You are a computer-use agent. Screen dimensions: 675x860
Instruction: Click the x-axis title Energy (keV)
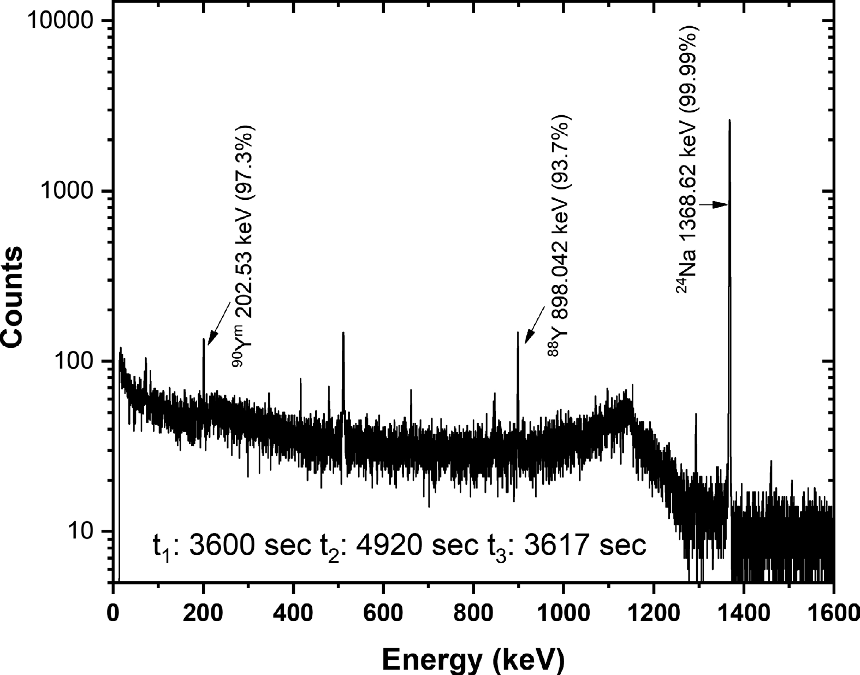click(x=472, y=659)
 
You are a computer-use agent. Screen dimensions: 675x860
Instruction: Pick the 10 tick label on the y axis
click(x=87, y=531)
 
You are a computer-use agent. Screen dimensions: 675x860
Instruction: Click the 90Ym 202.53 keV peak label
click(x=245, y=246)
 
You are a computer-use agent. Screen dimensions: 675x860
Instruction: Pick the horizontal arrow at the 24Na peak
click(x=714, y=205)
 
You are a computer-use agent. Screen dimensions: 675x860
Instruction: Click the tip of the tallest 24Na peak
click(x=729, y=121)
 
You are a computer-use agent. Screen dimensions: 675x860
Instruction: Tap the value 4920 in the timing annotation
click(x=388, y=544)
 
